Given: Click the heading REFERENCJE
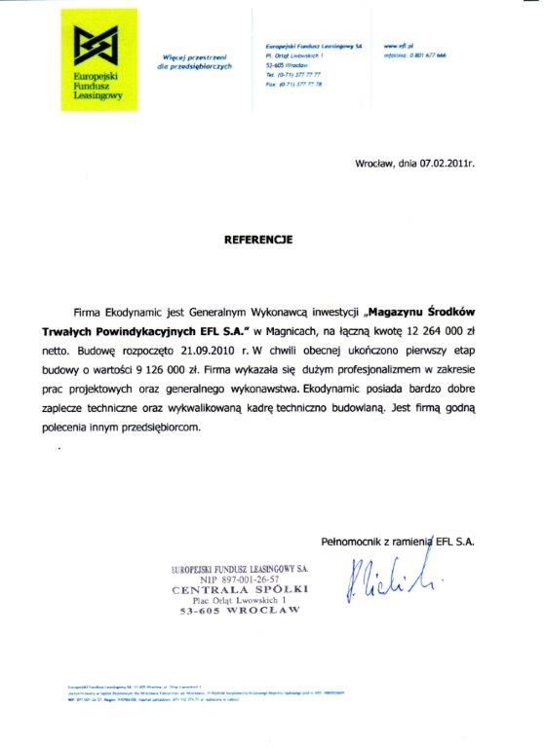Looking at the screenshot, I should coord(256,237).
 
